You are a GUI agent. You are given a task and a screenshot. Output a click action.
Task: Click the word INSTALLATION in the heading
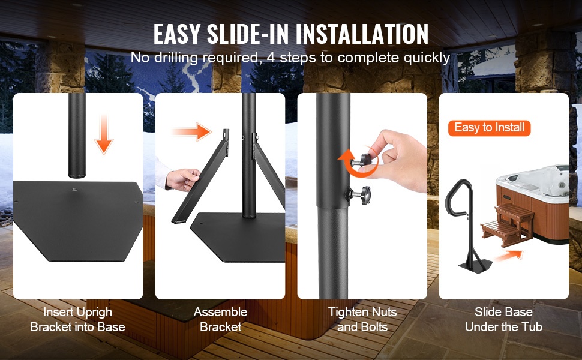pyautogui.click(x=362, y=34)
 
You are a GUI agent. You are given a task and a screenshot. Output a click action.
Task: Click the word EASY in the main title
pyautogui.click(x=176, y=34)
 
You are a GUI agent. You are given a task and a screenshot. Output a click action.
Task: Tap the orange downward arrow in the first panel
pyautogui.click(x=104, y=134)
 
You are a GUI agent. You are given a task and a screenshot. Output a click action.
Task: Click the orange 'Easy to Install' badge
pyautogui.click(x=489, y=128)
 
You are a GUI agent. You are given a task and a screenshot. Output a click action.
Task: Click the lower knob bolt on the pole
pyautogui.click(x=359, y=194)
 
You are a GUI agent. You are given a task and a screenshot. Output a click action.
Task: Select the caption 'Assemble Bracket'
pyautogui.click(x=220, y=320)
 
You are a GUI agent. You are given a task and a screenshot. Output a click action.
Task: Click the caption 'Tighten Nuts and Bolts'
pyautogui.click(x=362, y=320)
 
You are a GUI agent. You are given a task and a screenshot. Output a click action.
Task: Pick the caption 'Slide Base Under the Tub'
pyautogui.click(x=503, y=320)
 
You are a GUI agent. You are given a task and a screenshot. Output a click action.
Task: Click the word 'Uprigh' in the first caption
pyautogui.click(x=93, y=313)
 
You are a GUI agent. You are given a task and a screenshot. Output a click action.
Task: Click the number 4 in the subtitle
pyautogui.click(x=271, y=58)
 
